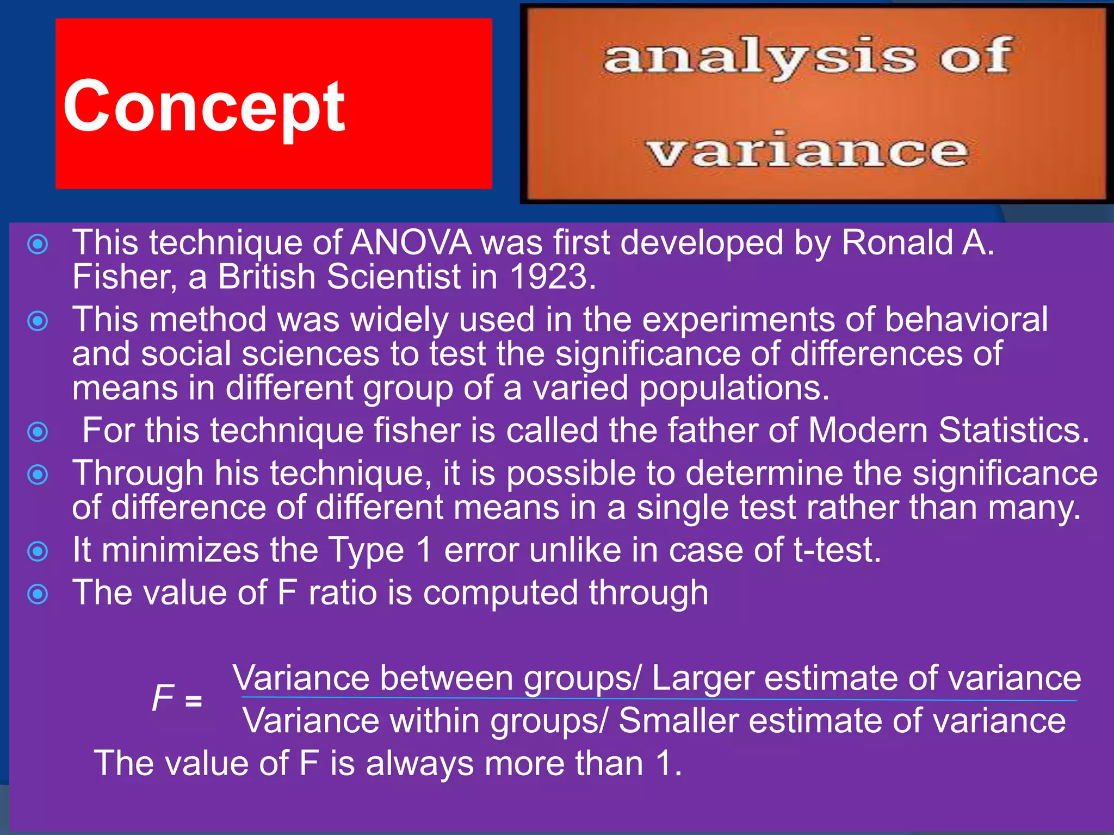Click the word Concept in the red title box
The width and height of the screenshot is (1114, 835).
click(204, 106)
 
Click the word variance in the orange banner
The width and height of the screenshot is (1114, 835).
click(808, 151)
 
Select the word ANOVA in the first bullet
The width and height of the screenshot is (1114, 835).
click(411, 242)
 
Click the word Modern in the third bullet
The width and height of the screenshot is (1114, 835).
click(868, 431)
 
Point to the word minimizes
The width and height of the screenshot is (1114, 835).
click(180, 550)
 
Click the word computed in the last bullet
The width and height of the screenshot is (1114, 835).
click(500, 593)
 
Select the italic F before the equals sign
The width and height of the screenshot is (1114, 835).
click(163, 698)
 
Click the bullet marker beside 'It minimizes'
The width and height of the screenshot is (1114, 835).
click(38, 552)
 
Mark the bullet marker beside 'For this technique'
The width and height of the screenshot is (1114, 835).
click(38, 432)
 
